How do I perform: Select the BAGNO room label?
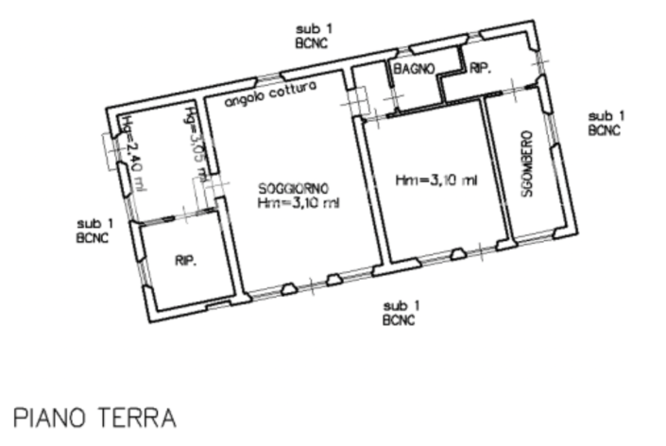(414, 69)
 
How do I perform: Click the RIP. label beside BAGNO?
(481, 68)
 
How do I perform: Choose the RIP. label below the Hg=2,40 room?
(185, 262)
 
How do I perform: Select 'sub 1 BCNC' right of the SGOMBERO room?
(605, 123)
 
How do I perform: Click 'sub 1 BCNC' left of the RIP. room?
(94, 231)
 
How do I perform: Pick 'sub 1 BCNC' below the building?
(401, 313)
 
